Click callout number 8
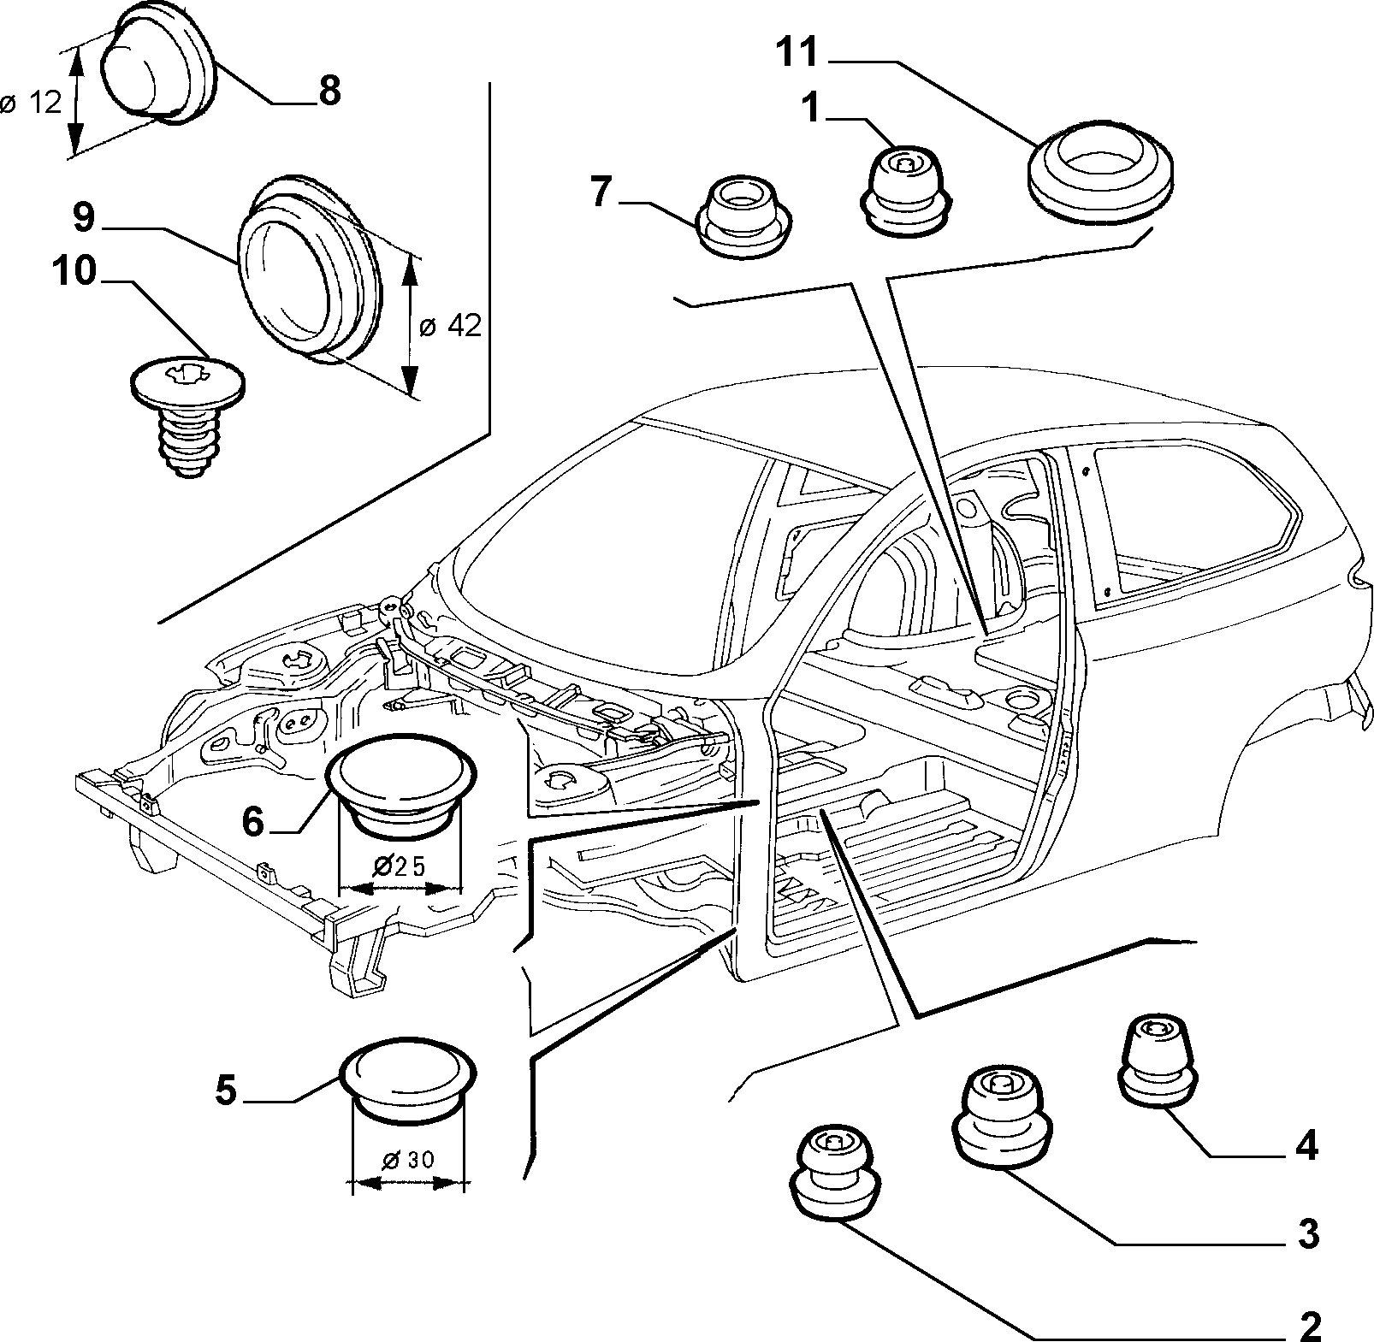[x=329, y=91]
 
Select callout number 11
[x=797, y=53]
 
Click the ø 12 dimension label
[x=33, y=103]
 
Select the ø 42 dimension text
[x=452, y=326]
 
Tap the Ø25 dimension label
[x=400, y=866]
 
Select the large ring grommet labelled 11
[x=1100, y=181]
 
